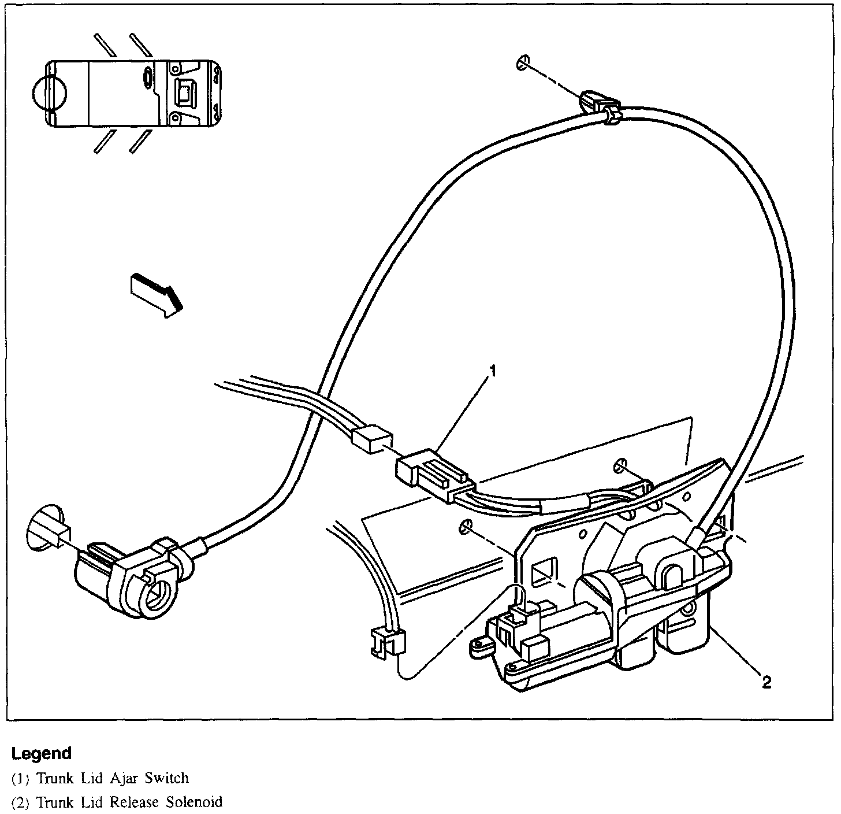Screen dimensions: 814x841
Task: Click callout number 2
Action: pos(766,683)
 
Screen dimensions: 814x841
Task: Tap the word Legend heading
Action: pos(41,753)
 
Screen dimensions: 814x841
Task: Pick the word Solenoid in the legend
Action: pos(194,802)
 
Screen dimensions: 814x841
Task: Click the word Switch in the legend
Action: pos(167,778)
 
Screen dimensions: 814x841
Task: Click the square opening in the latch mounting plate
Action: pos(545,569)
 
